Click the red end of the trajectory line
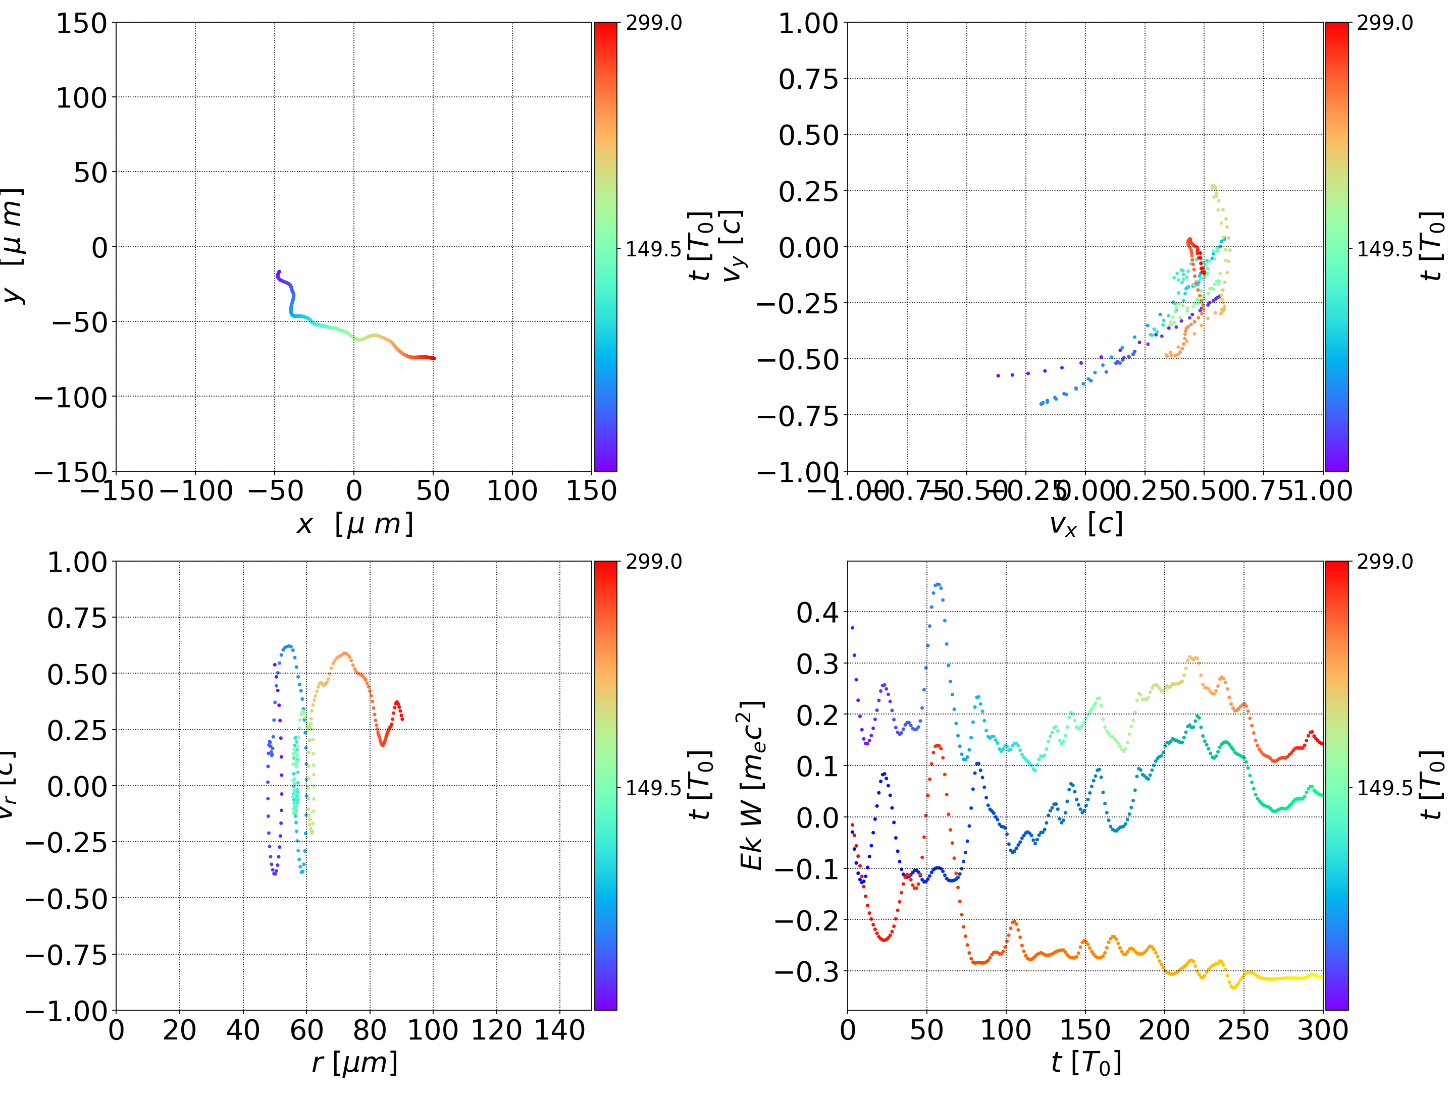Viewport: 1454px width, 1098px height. tap(434, 358)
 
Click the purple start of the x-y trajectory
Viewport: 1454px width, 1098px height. tap(279, 272)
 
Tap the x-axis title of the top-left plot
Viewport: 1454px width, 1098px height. tap(354, 524)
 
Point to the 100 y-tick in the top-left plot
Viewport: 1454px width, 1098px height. tap(81, 98)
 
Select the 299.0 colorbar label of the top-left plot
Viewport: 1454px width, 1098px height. tap(653, 23)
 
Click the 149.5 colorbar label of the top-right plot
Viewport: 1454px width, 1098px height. tap(1384, 249)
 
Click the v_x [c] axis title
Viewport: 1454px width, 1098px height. tap(1085, 524)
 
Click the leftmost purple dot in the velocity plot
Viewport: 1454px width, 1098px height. tap(998, 376)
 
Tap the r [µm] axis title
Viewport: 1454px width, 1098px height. tap(354, 1063)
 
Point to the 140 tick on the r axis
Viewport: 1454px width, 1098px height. tap(559, 1030)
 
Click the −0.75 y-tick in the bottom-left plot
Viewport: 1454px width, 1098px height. tap(66, 955)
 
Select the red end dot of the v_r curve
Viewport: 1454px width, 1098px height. tap(402, 719)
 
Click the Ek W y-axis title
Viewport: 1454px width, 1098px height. tap(751, 785)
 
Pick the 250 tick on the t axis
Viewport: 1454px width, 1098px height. tap(1243, 1030)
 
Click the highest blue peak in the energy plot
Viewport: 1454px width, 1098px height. tap(938, 584)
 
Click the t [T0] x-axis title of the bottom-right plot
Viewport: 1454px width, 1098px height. tap(1085, 1063)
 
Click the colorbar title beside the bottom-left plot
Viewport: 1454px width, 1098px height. tap(701, 785)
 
